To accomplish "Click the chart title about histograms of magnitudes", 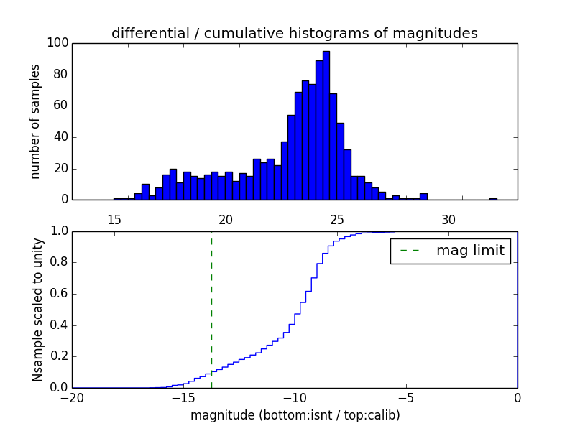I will (x=294, y=33).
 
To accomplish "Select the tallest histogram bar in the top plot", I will (x=326, y=126).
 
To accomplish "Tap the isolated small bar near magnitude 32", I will (x=493, y=198).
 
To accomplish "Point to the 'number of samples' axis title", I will (x=35, y=121).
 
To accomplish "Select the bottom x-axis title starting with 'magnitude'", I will (x=295, y=415).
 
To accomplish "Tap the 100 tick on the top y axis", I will (x=58, y=43).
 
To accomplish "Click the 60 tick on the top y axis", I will (x=61, y=106).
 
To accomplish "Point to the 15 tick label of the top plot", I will (x=114, y=220).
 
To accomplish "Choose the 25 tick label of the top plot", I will (x=337, y=220).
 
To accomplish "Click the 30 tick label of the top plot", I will (x=448, y=220).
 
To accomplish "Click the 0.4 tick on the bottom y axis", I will (x=58, y=325).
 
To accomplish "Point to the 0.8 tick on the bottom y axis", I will (x=58, y=262).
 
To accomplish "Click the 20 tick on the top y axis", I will (x=61, y=168).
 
